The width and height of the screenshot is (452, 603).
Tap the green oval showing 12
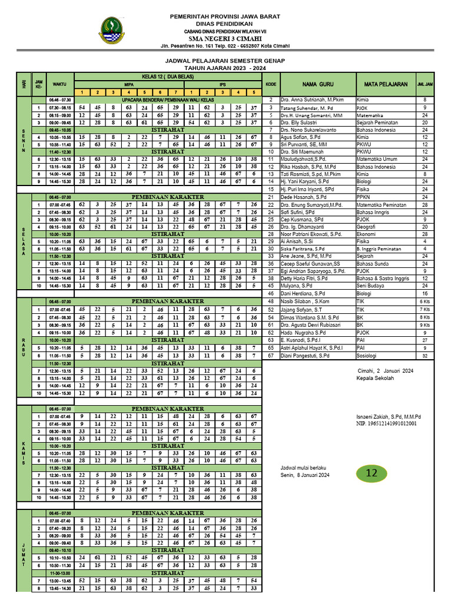[x=372, y=473]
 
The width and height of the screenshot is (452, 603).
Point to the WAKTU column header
[x=59, y=84]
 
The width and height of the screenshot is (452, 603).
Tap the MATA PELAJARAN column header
[x=385, y=84]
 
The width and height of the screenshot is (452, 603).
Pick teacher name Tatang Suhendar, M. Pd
[x=305, y=108]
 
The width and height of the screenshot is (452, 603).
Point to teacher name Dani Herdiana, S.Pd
[x=303, y=293]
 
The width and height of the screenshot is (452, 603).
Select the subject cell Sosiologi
[x=368, y=356]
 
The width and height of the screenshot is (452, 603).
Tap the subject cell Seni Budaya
[x=370, y=286]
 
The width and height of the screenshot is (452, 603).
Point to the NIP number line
[x=386, y=423]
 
